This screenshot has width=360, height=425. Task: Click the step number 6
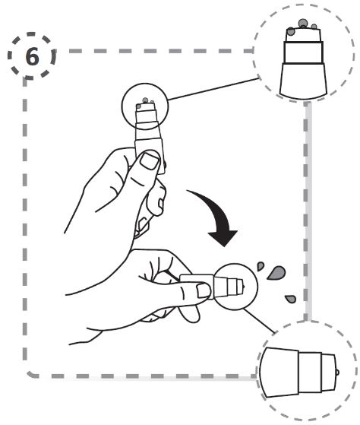tap(32, 57)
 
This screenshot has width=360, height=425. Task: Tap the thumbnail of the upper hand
tap(149, 160)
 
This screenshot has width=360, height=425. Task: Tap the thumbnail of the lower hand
tap(203, 290)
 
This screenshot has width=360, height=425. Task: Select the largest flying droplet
tap(276, 273)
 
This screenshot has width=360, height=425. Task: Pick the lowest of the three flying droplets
tap(291, 299)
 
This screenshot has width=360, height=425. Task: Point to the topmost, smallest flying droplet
tap(260, 265)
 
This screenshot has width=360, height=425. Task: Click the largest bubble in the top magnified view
tap(302, 24)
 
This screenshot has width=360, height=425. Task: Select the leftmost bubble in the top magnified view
tap(290, 31)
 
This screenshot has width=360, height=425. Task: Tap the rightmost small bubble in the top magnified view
tap(314, 27)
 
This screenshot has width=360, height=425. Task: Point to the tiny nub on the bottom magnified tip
tap(337, 373)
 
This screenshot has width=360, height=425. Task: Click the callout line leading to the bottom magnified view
tap(259, 321)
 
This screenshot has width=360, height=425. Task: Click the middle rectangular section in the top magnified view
tap(303, 52)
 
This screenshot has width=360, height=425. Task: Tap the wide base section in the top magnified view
tap(303, 81)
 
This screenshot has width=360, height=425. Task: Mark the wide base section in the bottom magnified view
tap(279, 373)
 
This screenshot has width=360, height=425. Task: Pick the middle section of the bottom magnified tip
tap(310, 373)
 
